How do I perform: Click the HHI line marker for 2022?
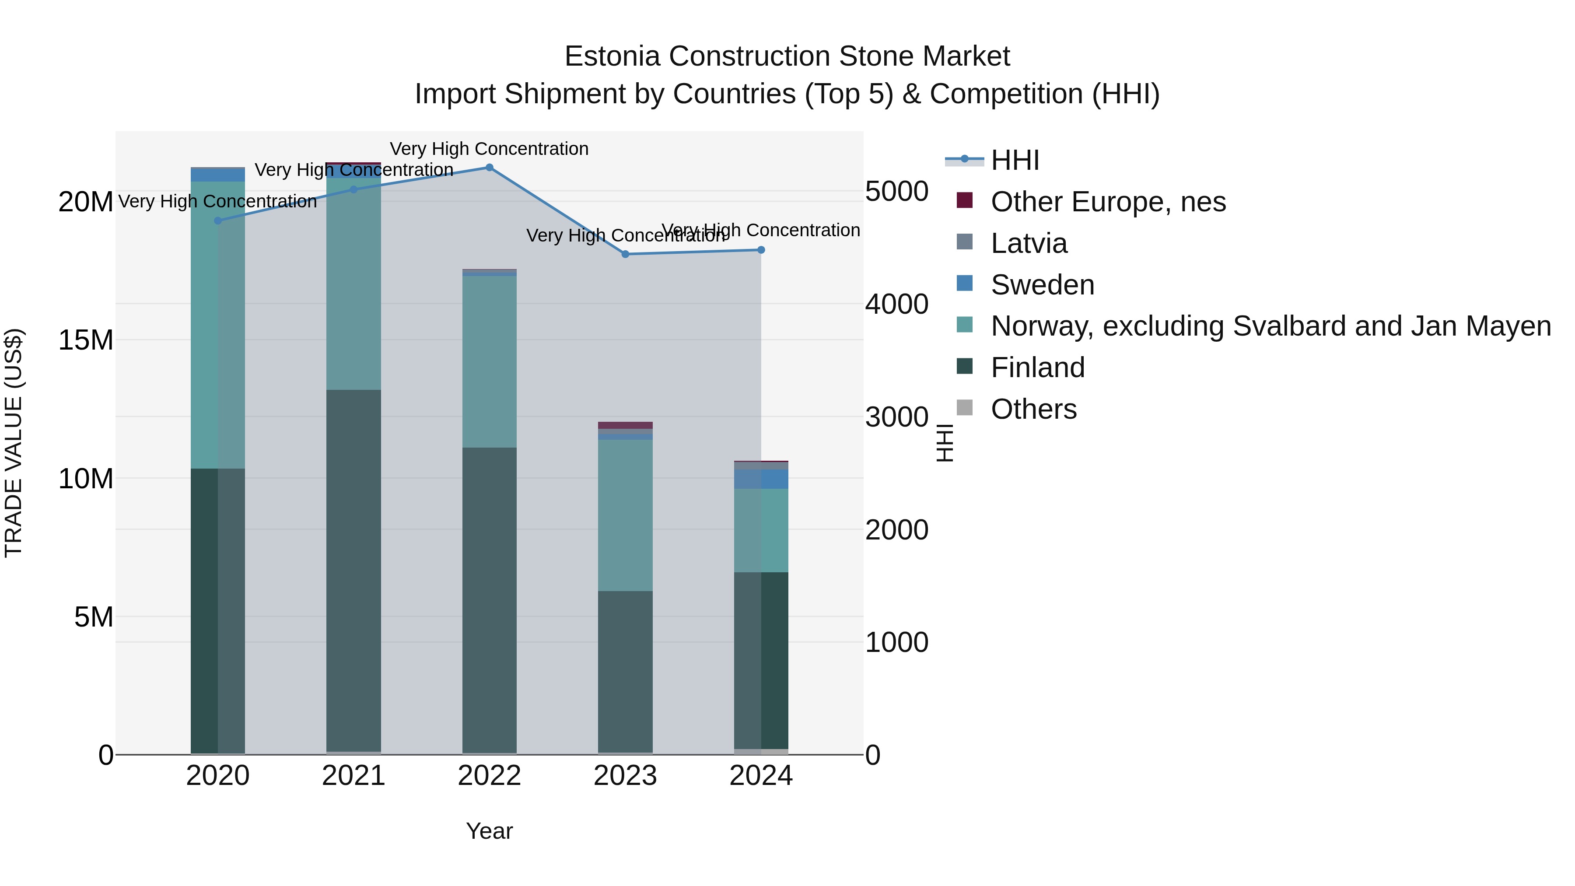pos(489,167)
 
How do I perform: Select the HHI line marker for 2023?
pos(625,254)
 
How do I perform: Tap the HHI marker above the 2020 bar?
pos(218,221)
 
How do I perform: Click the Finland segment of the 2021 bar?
pos(353,569)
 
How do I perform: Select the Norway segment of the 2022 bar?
pos(489,361)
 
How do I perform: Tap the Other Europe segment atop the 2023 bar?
pos(625,425)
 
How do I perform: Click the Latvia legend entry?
pos(1029,243)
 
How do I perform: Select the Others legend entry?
pos(1033,409)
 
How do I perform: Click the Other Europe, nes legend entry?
pos(1107,202)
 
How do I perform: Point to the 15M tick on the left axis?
pos(86,340)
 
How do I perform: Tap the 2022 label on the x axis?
pos(489,776)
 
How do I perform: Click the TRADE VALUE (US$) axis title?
pos(14,443)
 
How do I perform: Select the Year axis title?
pos(489,831)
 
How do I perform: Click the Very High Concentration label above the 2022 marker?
pos(489,149)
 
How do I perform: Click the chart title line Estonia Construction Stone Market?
pos(787,56)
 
